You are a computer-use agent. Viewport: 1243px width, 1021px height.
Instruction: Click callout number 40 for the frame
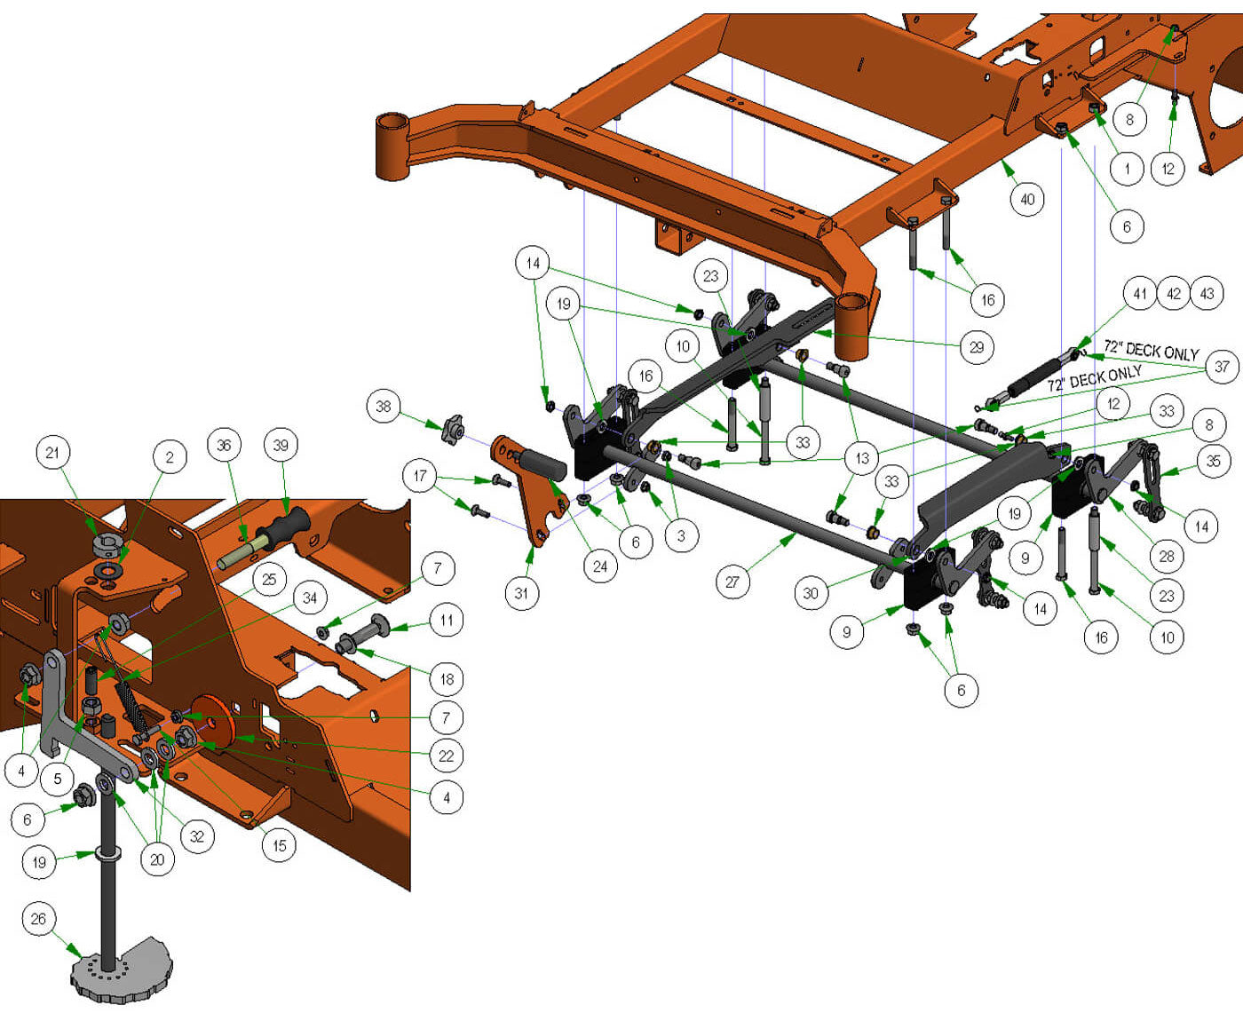[1027, 199]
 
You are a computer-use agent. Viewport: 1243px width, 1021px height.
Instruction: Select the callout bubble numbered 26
[38, 918]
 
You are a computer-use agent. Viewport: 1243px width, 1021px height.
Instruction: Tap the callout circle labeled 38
[383, 406]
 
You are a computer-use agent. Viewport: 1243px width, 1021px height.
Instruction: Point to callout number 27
[732, 582]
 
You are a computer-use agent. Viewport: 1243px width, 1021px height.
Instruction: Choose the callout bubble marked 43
[1207, 293]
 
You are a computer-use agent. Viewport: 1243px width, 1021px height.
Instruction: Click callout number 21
[52, 452]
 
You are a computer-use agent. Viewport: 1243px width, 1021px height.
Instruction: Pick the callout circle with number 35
[1213, 462]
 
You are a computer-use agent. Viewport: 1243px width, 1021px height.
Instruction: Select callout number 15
[279, 846]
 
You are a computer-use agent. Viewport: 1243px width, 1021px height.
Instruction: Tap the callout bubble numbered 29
[977, 347]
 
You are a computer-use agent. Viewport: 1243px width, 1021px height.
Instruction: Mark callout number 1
[1127, 170]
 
